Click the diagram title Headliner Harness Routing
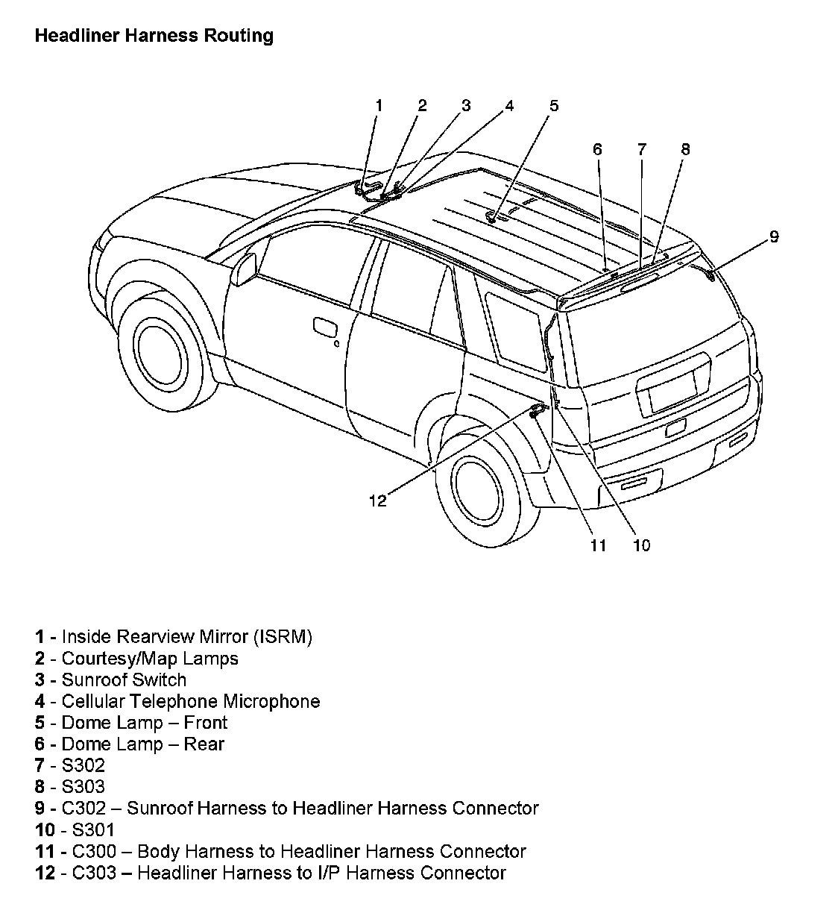point(154,36)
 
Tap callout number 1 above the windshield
point(378,105)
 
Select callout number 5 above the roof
point(553,105)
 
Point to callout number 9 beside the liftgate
point(774,236)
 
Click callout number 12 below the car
point(378,501)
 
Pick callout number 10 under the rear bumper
point(641,545)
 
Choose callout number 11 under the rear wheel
point(598,545)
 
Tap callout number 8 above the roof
point(685,149)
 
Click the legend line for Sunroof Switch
point(124,680)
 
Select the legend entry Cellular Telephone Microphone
point(190,701)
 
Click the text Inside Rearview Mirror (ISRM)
point(186,637)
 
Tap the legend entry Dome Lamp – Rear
point(142,744)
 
